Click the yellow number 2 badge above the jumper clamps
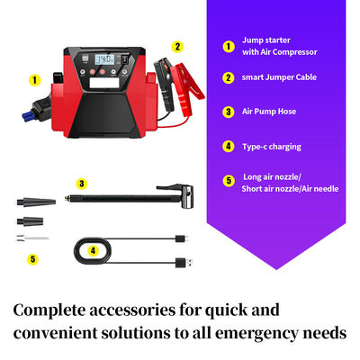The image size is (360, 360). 177,46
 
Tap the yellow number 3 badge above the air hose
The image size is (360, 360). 82,184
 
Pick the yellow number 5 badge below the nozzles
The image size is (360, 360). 33,259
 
